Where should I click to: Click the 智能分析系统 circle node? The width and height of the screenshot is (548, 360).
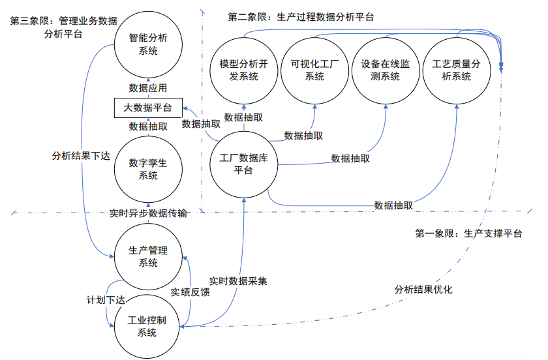point(148,45)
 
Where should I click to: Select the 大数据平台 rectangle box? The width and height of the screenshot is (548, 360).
point(148,107)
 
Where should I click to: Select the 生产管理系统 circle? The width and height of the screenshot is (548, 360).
point(148,256)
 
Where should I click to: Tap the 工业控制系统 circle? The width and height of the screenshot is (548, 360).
point(148,325)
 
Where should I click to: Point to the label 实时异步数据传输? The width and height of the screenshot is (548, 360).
point(148,214)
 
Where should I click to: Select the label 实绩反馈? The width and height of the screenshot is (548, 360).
point(190,292)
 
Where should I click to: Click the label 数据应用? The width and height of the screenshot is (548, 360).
point(148,88)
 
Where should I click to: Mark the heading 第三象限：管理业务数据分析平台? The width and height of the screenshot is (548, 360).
point(63,27)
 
